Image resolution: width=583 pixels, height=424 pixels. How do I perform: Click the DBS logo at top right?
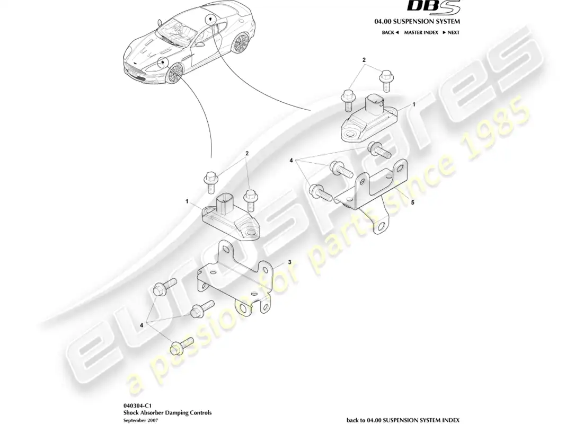(434, 7)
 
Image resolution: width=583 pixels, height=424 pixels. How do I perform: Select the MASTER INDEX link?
(421, 32)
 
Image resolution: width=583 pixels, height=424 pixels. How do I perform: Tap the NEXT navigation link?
(451, 32)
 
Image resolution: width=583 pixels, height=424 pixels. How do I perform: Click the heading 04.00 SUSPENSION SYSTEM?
(417, 22)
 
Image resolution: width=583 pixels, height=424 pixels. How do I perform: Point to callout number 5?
(412, 202)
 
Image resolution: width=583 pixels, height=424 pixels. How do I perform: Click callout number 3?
(289, 262)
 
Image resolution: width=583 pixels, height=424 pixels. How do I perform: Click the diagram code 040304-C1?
(138, 406)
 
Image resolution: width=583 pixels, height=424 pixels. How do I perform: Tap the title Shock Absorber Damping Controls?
(167, 412)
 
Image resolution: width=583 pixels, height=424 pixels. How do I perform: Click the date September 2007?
(140, 420)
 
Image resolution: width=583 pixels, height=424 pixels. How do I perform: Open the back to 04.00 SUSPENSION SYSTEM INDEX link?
(403, 420)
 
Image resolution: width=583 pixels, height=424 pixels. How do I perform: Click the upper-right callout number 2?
(364, 60)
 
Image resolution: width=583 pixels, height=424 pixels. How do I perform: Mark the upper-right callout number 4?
(291, 161)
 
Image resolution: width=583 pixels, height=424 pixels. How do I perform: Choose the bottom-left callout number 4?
(142, 325)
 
